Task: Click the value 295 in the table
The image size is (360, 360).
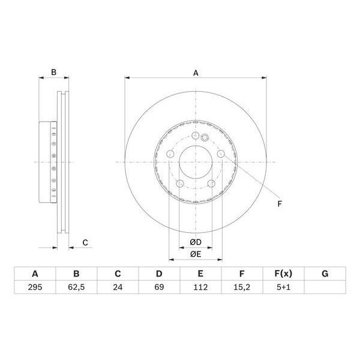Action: point(35,287)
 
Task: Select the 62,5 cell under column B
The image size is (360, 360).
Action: point(76,287)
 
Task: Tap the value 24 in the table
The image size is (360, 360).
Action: point(118,287)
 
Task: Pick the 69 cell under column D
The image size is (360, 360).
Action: point(159,287)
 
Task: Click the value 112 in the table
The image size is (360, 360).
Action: point(200,287)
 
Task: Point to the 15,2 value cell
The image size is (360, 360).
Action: point(242,287)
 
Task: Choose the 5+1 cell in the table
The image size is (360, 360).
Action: point(283,287)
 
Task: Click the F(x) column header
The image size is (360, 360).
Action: point(283,274)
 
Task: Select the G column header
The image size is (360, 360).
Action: point(325,274)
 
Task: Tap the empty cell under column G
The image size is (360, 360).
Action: point(325,287)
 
